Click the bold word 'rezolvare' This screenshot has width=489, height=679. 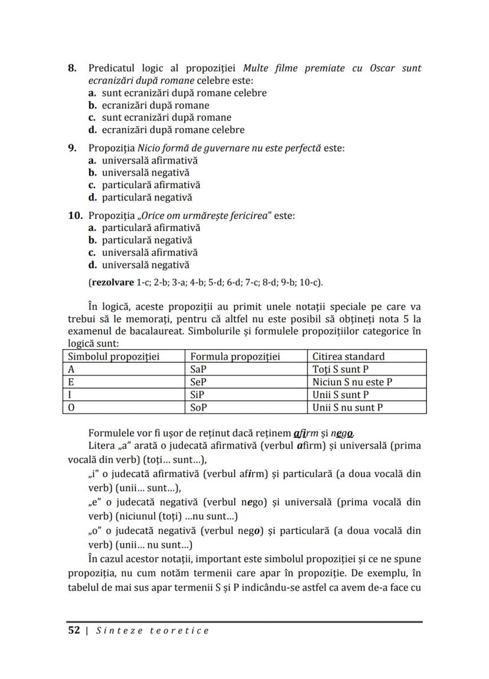point(112,282)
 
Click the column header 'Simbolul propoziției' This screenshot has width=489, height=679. point(114,356)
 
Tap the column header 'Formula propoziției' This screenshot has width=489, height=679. point(234,356)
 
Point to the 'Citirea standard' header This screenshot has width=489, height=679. point(348,356)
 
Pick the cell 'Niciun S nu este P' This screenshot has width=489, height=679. point(352,382)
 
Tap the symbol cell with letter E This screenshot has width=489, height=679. point(71,382)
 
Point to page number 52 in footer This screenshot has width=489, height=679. point(74,631)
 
